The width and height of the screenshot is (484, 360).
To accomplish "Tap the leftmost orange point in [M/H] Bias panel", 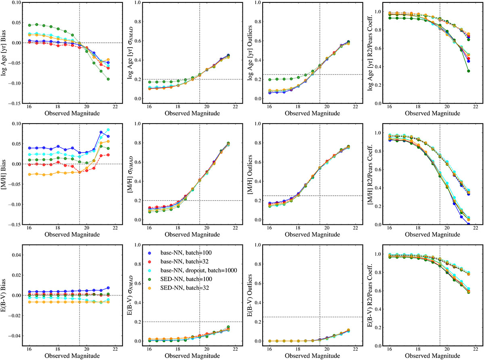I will pos(29,174).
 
